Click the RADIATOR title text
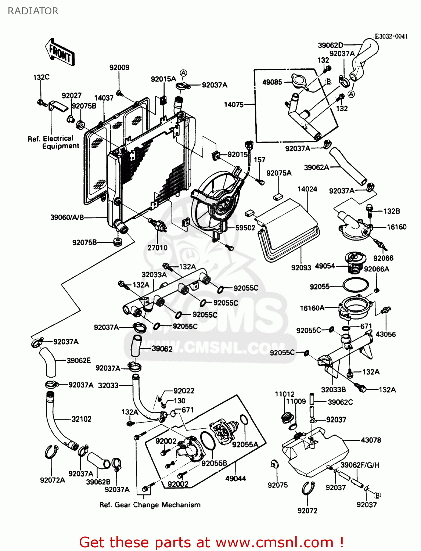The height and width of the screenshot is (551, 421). pos(33,11)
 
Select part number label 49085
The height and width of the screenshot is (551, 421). pos(272,82)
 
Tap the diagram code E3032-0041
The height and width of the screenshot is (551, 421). pos(391,36)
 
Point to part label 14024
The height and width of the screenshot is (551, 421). pos(307,189)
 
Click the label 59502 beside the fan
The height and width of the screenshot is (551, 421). pos(245,228)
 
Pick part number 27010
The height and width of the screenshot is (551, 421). pos(157,248)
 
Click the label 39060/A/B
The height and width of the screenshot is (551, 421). pos(67,217)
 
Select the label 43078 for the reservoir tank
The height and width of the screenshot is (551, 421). pos(371,440)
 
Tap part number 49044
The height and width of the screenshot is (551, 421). pos(235,478)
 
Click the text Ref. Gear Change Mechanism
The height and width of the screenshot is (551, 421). pos(150,505)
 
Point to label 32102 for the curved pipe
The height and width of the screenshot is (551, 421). pos(81,419)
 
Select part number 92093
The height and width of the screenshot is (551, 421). pos(301,267)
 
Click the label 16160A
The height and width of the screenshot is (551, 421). pos(312,308)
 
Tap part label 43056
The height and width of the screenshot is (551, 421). pos(385,334)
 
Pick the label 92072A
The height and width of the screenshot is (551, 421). pos(52,480)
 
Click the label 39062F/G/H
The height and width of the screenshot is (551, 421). pos(360,465)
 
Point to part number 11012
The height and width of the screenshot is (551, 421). pos(285,394)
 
